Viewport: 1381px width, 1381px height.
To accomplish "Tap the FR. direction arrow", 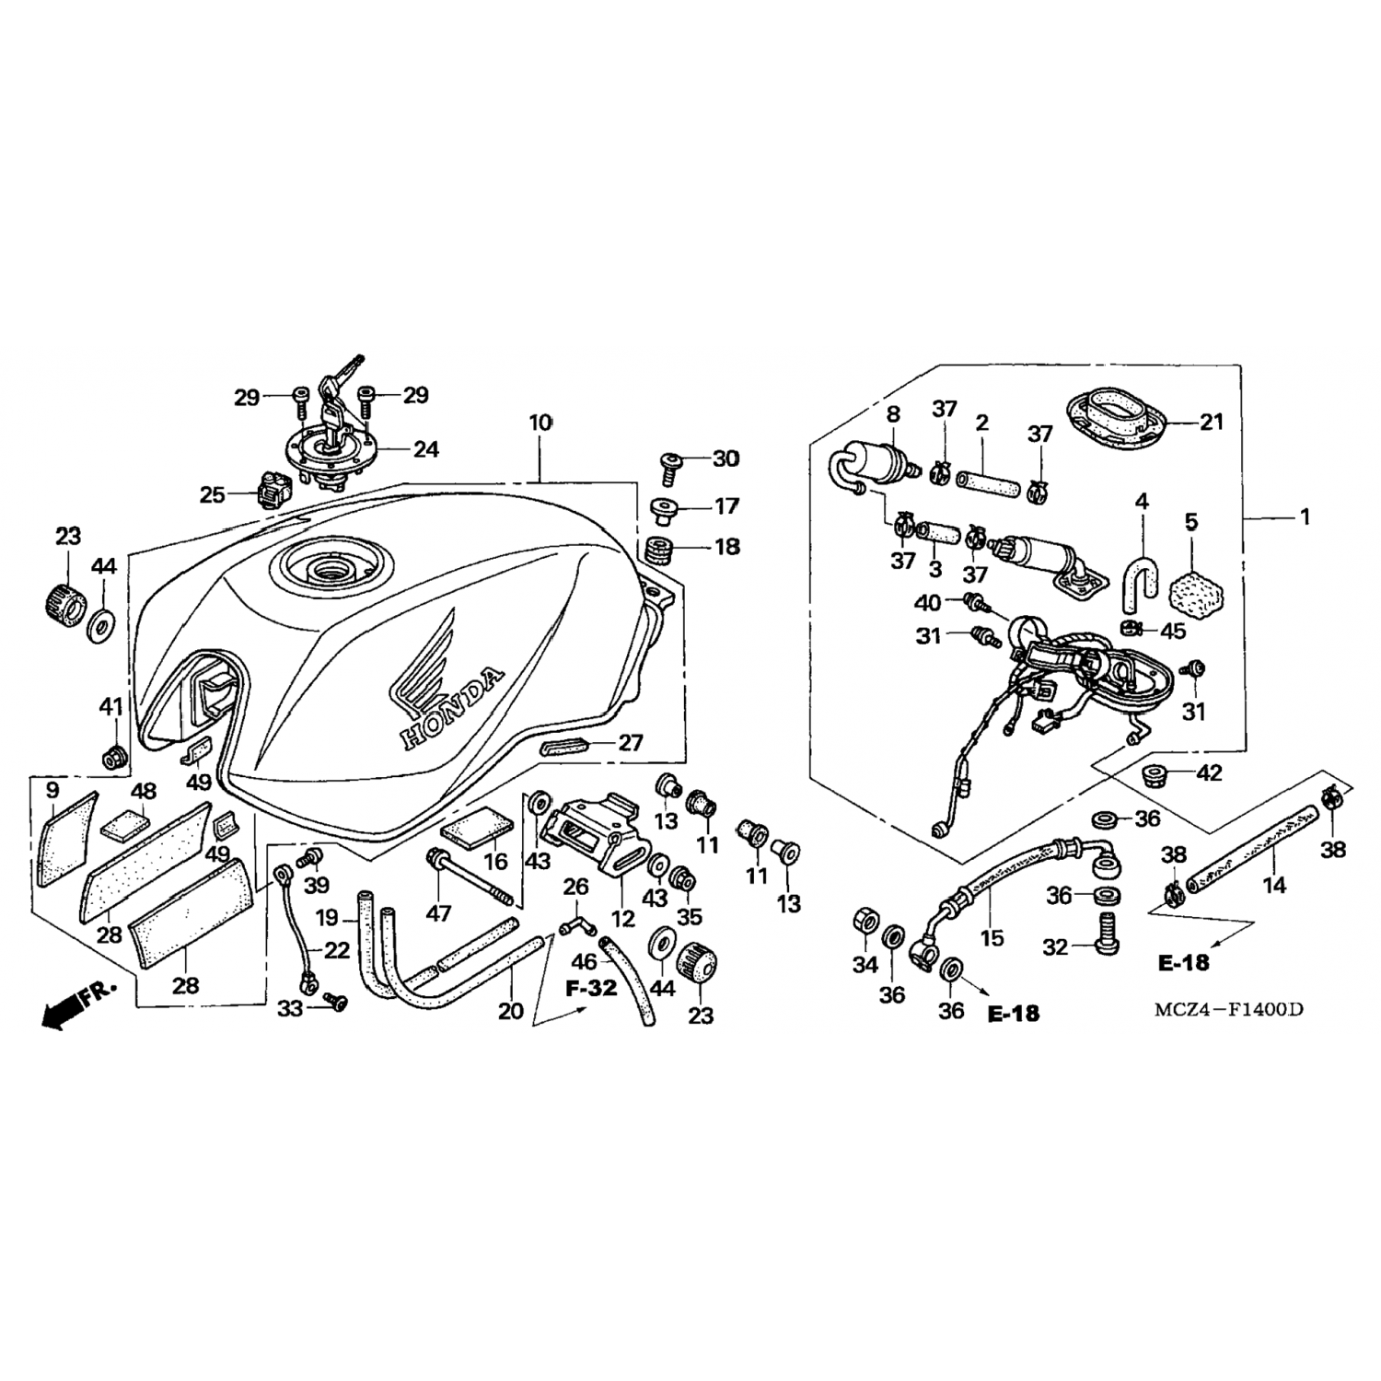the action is pos(79,1004).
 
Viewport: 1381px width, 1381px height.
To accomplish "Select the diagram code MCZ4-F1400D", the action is pos(1230,1009).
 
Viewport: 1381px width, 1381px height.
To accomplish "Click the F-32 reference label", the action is pos(592,990).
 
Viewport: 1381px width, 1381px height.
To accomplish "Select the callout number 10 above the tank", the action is pos(540,423).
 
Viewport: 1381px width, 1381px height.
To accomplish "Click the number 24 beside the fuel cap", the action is pos(425,449).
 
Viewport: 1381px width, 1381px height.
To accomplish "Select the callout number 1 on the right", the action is pos(1304,517).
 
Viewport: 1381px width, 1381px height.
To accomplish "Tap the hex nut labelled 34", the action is pos(865,921).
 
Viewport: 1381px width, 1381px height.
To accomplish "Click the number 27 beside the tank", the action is pos(631,742).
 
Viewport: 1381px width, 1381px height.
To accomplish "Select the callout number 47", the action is pos(438,913).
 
